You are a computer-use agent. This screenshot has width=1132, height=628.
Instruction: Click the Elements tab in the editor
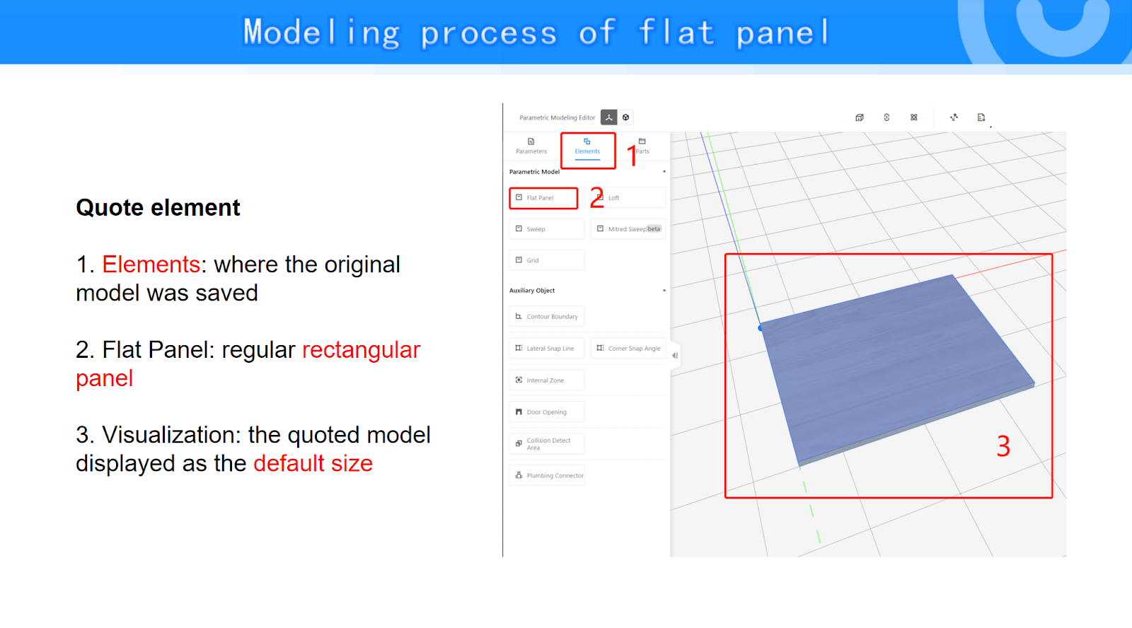coord(587,146)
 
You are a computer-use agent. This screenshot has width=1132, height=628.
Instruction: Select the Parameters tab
coord(531,146)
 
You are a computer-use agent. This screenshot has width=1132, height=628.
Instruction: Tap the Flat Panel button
coord(544,197)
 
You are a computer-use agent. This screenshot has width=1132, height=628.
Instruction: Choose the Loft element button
coord(628,197)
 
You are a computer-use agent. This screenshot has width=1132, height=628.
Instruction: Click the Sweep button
coord(547,229)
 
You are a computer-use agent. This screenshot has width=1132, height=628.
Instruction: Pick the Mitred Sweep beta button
coord(628,229)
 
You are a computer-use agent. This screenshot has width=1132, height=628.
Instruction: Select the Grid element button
coord(547,260)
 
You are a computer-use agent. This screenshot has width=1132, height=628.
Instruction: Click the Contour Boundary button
coord(547,316)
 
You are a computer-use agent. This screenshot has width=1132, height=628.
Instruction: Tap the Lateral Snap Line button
coord(547,348)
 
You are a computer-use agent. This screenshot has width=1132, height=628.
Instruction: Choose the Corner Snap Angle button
coord(628,348)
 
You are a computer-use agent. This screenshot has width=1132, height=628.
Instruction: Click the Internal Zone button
coord(547,380)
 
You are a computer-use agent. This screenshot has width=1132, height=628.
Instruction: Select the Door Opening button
coord(547,412)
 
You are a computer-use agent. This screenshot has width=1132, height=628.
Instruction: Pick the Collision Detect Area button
coord(547,443)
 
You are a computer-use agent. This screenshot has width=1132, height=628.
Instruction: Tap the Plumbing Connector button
coord(547,475)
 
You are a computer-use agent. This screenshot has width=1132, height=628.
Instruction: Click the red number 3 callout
coord(1003,446)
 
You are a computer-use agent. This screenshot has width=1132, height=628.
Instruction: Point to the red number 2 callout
coord(597,197)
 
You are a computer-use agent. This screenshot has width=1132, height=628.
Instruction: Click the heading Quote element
coord(158,208)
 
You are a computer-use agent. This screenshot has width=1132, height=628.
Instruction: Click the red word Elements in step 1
coord(151,264)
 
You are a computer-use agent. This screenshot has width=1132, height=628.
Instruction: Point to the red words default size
coord(313,463)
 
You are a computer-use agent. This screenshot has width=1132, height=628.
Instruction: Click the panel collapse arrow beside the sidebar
coord(675,356)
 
